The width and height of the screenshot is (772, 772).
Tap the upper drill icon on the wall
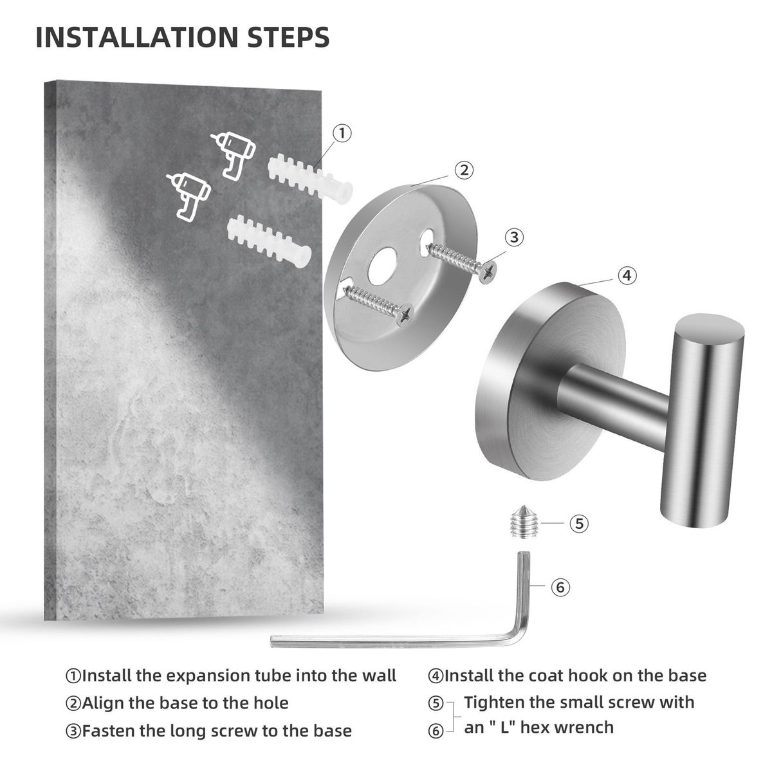[233, 155]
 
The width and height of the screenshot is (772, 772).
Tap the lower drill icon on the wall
[188, 197]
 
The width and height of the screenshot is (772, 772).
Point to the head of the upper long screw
[489, 272]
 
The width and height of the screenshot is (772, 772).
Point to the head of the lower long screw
[405, 315]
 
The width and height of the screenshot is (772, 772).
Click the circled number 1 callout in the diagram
[342, 133]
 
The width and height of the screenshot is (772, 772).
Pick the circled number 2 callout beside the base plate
[463, 170]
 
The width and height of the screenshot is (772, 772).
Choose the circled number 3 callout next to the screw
[514, 237]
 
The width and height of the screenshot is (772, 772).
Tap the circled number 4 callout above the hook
[627, 275]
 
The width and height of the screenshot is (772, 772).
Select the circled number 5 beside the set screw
[579, 523]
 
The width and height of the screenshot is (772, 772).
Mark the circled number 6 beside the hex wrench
[560, 587]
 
